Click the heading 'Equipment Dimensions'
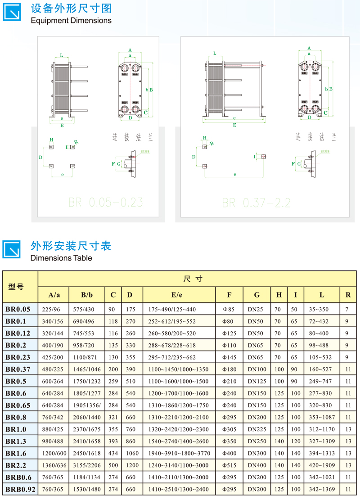[x=71, y=20]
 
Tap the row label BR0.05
[x=18, y=309]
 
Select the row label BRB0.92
[x=20, y=489]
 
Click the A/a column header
[x=54, y=295]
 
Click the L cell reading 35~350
[x=318, y=309]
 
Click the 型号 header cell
[x=16, y=287]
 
